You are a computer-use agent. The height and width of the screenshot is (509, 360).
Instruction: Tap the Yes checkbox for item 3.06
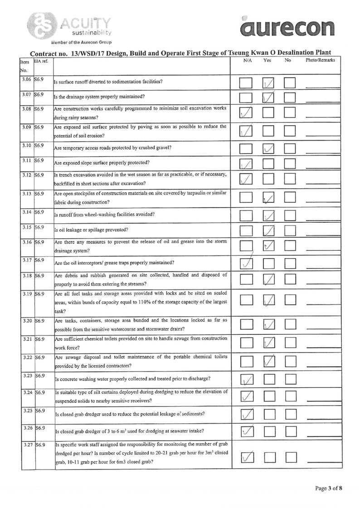click(268, 83)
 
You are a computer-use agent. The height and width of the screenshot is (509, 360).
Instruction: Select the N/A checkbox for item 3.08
click(246, 112)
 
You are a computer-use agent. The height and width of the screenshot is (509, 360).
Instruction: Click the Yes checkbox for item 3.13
click(268, 197)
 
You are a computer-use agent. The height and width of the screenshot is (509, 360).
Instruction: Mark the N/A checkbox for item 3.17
click(246, 263)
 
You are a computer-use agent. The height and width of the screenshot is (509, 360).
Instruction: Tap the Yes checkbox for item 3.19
click(268, 300)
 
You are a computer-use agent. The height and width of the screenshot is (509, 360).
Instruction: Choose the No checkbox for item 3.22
click(290, 362)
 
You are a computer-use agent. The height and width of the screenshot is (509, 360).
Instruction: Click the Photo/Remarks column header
click(320, 60)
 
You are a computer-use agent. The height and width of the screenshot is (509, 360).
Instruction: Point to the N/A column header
click(247, 60)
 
